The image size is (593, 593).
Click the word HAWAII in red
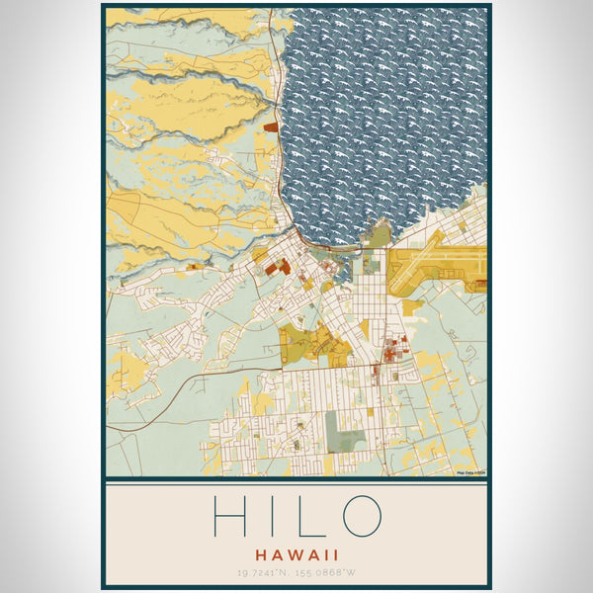point(296,554)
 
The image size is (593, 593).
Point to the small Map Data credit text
point(471,472)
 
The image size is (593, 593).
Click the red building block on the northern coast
point(271,127)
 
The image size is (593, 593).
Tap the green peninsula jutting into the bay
point(379,235)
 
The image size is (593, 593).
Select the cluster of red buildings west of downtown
point(278,265)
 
